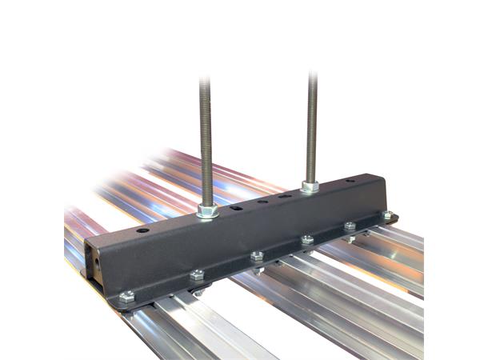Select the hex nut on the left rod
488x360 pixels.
[x=206, y=212]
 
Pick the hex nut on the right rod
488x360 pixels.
[x=310, y=186]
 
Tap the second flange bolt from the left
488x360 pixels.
[x=197, y=276]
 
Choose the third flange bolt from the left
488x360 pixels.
[x=257, y=256]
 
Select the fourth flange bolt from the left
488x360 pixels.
[x=306, y=239]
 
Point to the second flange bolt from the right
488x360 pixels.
[x=350, y=226]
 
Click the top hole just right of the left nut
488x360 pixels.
[x=236, y=207]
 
